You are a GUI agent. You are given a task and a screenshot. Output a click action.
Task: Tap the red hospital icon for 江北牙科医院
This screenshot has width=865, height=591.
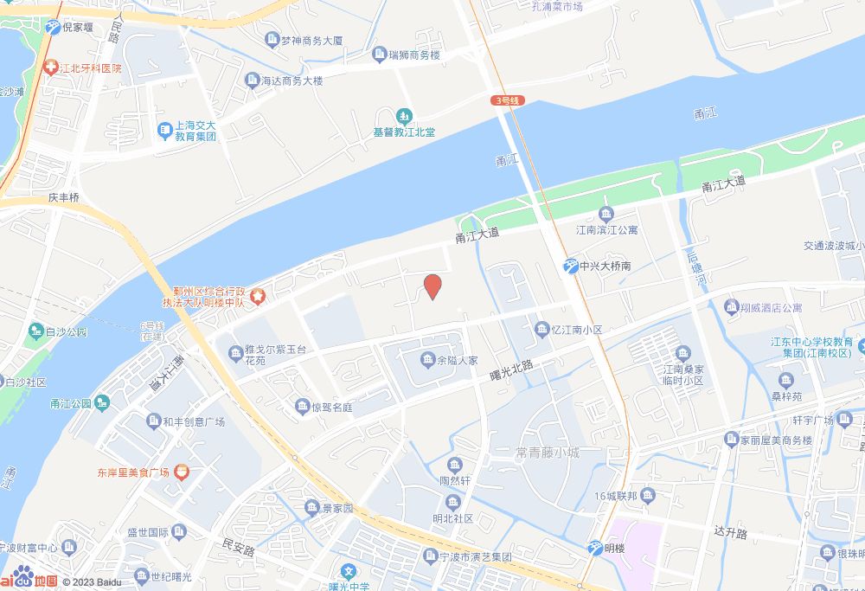52,67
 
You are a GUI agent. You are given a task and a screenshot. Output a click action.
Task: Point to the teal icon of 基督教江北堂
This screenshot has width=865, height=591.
404,115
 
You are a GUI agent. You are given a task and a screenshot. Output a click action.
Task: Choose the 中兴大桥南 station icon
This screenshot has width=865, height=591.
571,267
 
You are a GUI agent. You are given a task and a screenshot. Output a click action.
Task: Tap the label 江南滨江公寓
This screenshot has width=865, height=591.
607,229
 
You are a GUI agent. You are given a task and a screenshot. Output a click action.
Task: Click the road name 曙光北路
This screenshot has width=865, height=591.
510,370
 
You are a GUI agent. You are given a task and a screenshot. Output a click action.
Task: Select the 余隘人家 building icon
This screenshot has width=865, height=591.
427,359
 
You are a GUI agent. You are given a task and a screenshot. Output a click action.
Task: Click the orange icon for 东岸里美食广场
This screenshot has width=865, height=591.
182,472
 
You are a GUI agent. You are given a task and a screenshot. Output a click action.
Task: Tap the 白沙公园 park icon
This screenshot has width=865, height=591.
35,331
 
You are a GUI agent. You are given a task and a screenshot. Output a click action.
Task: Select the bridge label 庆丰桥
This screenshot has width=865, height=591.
63,197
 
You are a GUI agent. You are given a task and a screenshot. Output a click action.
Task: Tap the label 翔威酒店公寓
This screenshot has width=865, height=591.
772,307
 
